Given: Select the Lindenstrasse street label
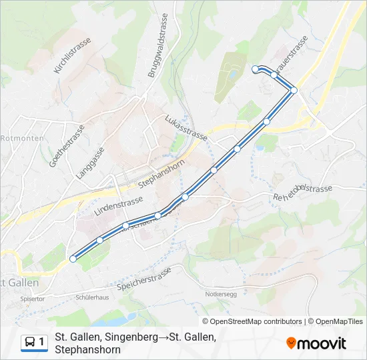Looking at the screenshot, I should coord(119,204).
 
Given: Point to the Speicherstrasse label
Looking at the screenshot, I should coord(144,279).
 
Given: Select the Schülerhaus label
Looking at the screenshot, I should coord(92,298).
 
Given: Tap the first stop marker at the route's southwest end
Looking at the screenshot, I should coord(73,259).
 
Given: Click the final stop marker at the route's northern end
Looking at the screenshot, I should coord(255,69).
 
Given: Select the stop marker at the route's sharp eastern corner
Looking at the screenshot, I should coord(294,90).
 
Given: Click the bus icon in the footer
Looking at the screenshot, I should coord(30,342).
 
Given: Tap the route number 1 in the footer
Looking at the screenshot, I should coord(42,342).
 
